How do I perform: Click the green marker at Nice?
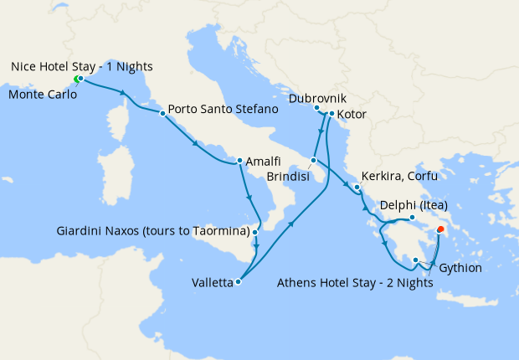click(x=76, y=80)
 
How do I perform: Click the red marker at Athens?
click(x=440, y=229)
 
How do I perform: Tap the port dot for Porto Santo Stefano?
click(x=162, y=112)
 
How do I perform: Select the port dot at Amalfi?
click(x=239, y=161)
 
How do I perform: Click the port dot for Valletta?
click(x=239, y=282)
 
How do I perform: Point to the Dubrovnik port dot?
click(x=316, y=108)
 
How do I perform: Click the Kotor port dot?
click(x=331, y=114)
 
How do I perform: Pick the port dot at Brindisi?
click(x=314, y=160)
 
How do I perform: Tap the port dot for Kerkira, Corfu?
click(x=357, y=188)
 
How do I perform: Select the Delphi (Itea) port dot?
click(x=412, y=218)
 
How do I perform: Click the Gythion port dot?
click(x=415, y=260)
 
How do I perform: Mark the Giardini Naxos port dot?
click(x=255, y=230)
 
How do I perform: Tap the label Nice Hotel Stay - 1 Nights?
click(x=82, y=66)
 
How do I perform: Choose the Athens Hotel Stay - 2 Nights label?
click(x=354, y=282)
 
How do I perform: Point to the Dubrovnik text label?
click(x=316, y=98)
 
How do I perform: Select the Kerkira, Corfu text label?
click(x=398, y=177)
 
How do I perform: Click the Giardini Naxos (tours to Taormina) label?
click(x=153, y=230)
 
